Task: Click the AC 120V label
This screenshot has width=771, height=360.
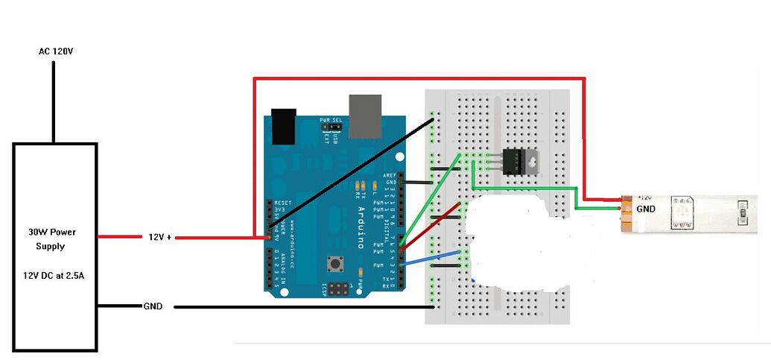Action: tap(55, 51)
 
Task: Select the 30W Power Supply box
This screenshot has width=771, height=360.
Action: tap(55, 247)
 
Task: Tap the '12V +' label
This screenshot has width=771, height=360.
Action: tap(159, 237)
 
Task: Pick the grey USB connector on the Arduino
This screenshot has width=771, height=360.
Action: tap(365, 116)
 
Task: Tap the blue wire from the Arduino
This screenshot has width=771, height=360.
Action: tap(432, 257)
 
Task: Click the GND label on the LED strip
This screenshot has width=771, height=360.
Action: tap(646, 209)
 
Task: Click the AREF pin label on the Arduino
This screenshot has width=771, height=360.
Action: tap(389, 174)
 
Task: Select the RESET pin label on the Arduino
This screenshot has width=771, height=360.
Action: tap(282, 202)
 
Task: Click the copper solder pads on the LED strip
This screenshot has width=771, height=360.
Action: tap(626, 212)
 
